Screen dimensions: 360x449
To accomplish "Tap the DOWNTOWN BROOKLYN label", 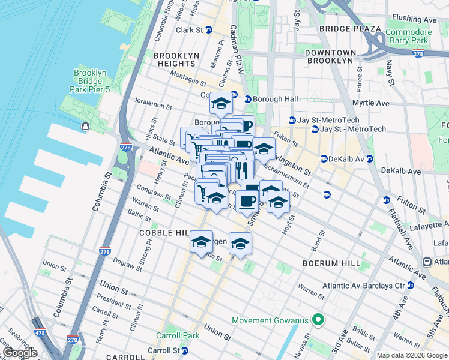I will click(330, 56).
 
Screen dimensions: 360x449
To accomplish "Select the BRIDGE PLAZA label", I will click(350, 29).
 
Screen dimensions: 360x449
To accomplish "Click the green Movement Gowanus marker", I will click(319, 320).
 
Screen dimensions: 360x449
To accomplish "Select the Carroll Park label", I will click(173, 335).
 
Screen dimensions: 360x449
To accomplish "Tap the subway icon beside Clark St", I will click(209, 30).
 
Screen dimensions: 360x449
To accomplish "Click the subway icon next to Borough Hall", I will click(247, 99).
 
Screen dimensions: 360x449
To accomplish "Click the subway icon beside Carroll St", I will click(185, 350).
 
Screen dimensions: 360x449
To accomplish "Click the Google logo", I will click(20, 353).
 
